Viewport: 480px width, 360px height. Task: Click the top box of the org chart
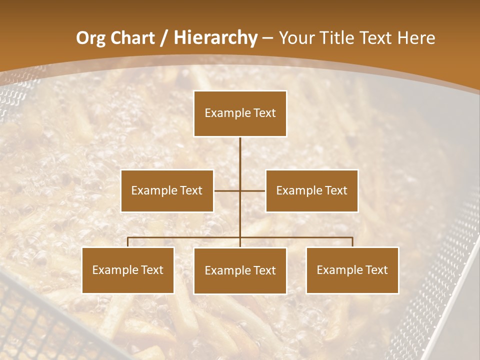pyautogui.click(x=240, y=113)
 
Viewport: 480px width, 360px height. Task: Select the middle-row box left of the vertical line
pyautogui.click(x=167, y=190)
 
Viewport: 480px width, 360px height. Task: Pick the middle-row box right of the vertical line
pyautogui.click(x=311, y=190)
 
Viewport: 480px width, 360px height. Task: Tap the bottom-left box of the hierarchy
pyautogui.click(x=128, y=270)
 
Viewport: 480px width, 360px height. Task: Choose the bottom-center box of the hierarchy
pyautogui.click(x=240, y=271)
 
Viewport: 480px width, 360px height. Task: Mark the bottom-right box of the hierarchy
pyautogui.click(x=352, y=270)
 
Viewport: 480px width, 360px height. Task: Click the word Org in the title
pyautogui.click(x=90, y=38)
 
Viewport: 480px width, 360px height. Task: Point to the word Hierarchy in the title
pyautogui.click(x=215, y=38)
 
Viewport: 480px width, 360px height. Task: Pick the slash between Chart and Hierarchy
pyautogui.click(x=164, y=38)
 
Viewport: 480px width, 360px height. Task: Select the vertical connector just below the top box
pyautogui.click(x=240, y=150)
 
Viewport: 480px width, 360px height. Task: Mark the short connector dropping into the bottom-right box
pyautogui.click(x=352, y=242)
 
